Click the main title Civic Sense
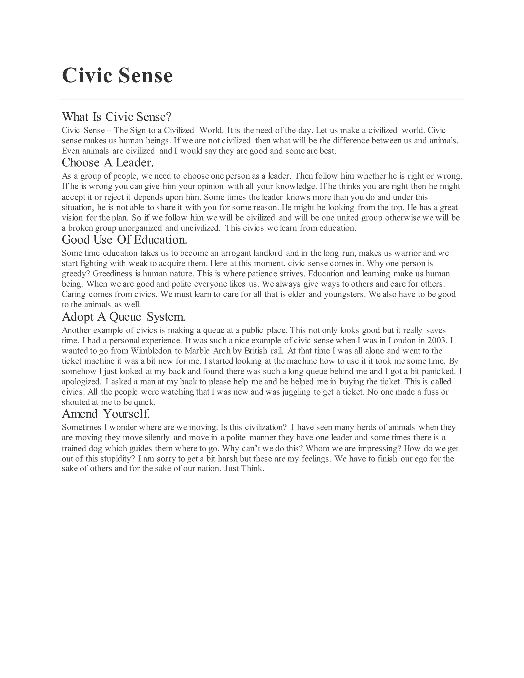tap(117, 75)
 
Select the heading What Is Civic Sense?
tap(116, 117)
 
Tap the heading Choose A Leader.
tap(108, 163)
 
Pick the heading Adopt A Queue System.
tap(124, 317)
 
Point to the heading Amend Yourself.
tap(106, 414)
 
